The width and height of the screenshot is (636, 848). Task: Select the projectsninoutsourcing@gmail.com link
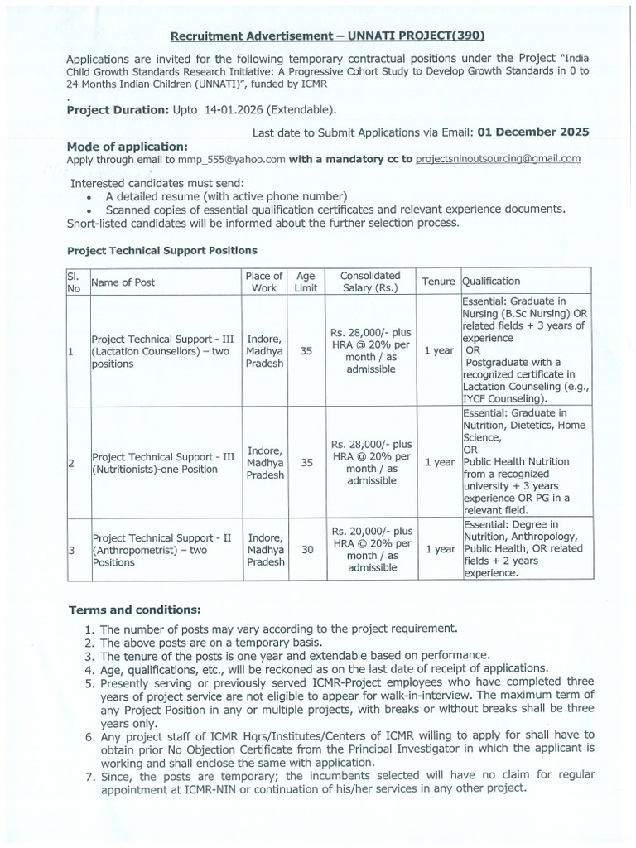point(498,158)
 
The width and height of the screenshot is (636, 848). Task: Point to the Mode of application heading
point(128,146)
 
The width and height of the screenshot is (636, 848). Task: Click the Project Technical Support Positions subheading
point(161,250)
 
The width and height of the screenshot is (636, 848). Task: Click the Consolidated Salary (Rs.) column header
point(371,282)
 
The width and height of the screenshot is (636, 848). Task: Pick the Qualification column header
point(491,282)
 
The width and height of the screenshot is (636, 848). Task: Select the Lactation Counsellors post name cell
point(162,351)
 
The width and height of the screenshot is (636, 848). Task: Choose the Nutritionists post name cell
point(162,463)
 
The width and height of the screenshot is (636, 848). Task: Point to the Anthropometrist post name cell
point(162,549)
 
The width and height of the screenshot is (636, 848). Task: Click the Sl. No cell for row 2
point(71,463)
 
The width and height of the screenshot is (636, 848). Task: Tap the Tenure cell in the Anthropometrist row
point(438,549)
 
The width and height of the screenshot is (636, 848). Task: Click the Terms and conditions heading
point(133,610)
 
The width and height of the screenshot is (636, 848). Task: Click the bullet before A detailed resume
point(89,197)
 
